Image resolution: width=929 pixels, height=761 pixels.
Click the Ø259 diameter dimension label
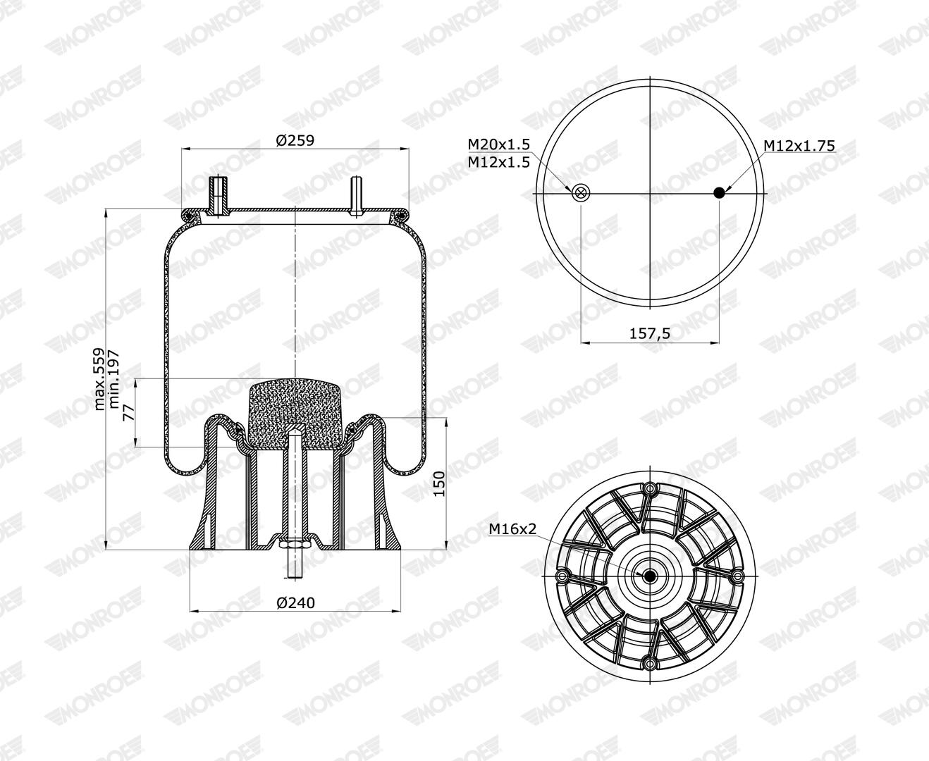(295, 140)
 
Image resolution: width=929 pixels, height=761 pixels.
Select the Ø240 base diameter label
(295, 602)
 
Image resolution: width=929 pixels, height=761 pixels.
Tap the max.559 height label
(100, 379)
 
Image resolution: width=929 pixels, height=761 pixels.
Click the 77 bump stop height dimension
(128, 413)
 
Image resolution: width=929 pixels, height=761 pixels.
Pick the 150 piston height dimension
(439, 483)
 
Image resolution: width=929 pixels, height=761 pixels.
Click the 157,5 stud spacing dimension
(650, 333)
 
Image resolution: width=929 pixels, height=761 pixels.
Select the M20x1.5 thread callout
(498, 144)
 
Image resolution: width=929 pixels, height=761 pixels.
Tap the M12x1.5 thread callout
(498, 162)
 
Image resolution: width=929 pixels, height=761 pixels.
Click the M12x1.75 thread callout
(799, 145)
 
